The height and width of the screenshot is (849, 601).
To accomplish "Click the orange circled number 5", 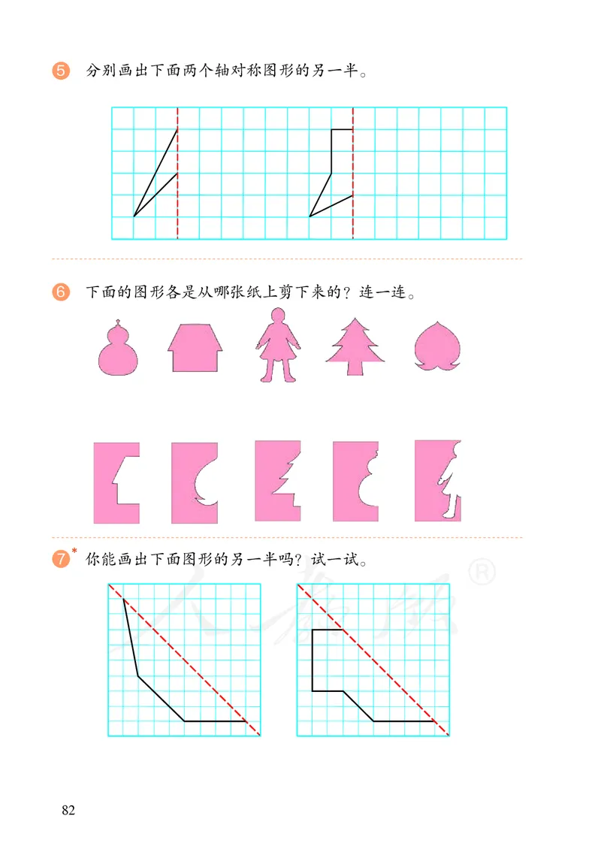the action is (61, 71).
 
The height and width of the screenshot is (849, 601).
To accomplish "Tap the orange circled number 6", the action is (61, 292).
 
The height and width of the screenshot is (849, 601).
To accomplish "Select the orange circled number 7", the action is (61, 558).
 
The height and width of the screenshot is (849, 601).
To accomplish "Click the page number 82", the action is (68, 810).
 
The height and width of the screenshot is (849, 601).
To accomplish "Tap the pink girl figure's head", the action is (278, 316).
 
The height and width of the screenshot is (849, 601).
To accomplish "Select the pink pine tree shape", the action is (355, 346).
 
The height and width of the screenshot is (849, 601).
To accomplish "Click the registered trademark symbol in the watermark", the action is (482, 572).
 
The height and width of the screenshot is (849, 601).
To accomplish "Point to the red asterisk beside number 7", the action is (74, 551).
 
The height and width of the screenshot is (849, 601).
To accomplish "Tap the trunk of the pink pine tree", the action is (355, 368).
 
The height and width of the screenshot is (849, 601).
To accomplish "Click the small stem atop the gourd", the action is (118, 324).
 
